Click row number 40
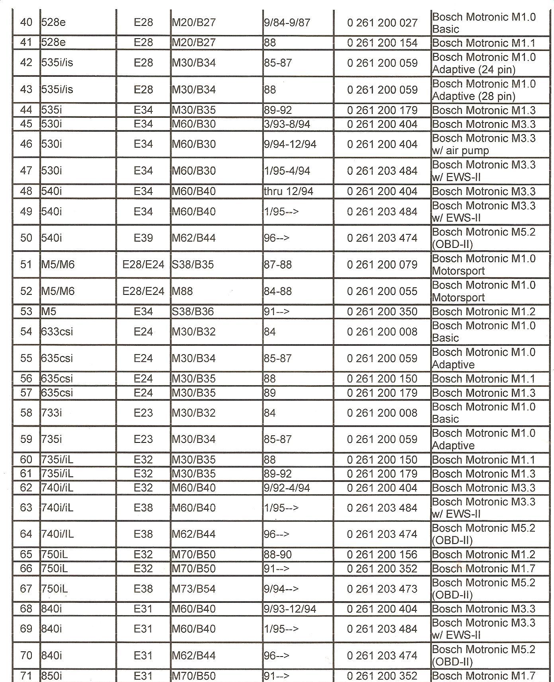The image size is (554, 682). pos(26,22)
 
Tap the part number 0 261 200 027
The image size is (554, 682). pos(382,23)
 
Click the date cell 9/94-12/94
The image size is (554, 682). pos(290,144)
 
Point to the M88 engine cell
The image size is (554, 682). pos(182,291)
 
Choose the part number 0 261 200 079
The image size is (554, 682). pos(382,265)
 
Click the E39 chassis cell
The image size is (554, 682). pos(143,238)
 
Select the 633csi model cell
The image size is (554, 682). pos(57,332)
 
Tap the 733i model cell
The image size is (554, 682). pos(51,413)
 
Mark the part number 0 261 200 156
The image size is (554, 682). pos(382,554)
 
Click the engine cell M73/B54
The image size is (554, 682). pos(193,588)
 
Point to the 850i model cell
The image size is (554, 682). pos(51,676)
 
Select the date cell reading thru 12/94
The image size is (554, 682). pos(288,191)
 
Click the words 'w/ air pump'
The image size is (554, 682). pos(460,151)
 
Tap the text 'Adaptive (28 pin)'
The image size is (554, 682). pos(474,96)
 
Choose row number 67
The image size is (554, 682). pos(26,588)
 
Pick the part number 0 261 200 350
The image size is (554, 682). pos(382,312)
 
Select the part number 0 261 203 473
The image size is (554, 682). pos(382,588)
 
